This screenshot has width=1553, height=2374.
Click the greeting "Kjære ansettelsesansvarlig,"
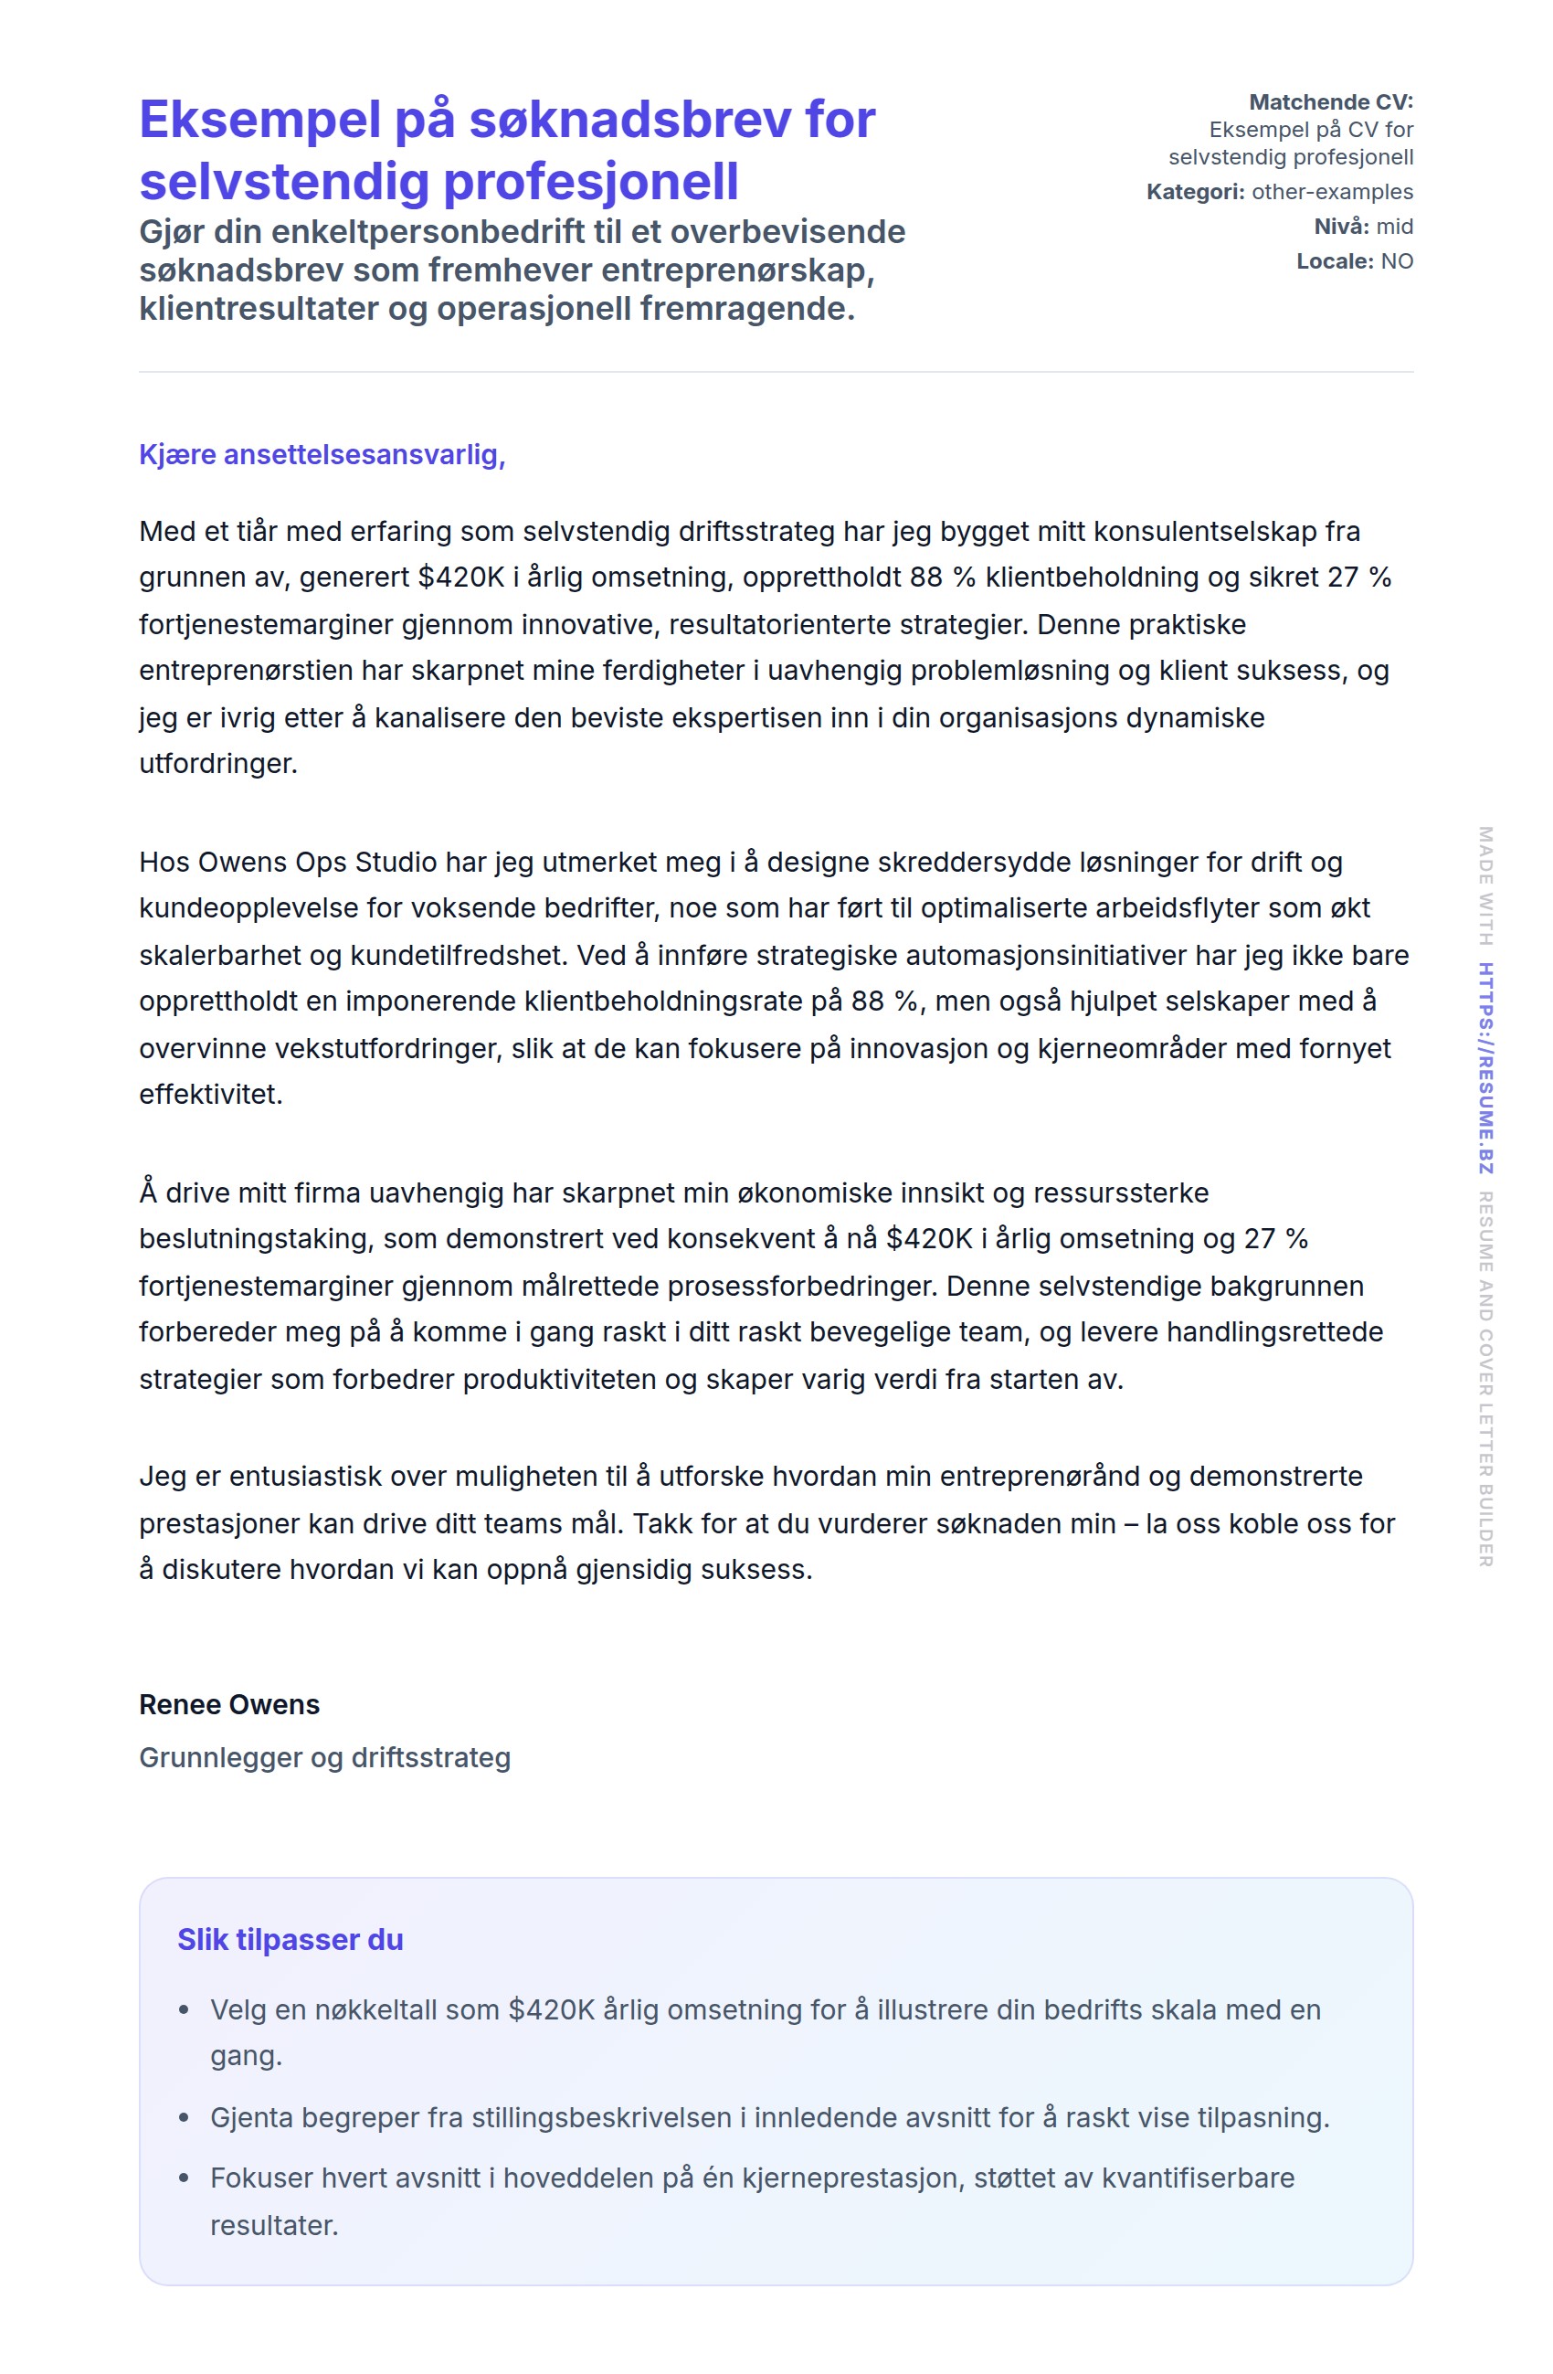(x=322, y=455)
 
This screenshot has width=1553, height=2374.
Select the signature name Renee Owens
(x=229, y=1705)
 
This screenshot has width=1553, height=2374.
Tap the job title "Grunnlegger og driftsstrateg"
(x=324, y=1757)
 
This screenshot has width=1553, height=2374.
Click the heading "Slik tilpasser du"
(x=291, y=1940)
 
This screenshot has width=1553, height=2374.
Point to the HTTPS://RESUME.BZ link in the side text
(x=1485, y=1067)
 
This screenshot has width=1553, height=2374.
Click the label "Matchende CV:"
(x=1331, y=101)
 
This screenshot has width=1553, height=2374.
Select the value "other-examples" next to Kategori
(x=1332, y=192)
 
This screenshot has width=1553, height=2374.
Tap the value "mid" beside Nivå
(x=1394, y=227)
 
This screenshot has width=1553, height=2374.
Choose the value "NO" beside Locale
(x=1397, y=261)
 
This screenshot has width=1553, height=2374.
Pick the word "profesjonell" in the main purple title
(x=590, y=182)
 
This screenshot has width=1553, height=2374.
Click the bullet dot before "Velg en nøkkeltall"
(x=184, y=2011)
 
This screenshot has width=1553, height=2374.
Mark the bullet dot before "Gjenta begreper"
(x=184, y=2117)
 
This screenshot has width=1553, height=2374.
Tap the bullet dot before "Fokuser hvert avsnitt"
(x=184, y=2178)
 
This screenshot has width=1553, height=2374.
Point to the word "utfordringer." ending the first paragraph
(x=218, y=764)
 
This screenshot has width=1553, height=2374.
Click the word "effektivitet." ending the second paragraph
(x=211, y=1096)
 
